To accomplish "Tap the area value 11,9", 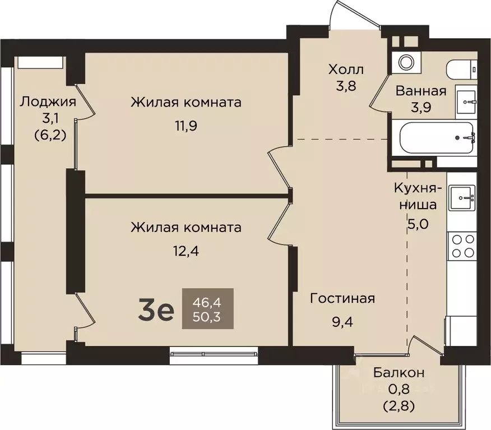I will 186,125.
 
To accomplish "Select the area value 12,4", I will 186,251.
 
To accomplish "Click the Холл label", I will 346,70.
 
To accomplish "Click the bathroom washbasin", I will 466,101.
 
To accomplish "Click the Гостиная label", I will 342,298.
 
